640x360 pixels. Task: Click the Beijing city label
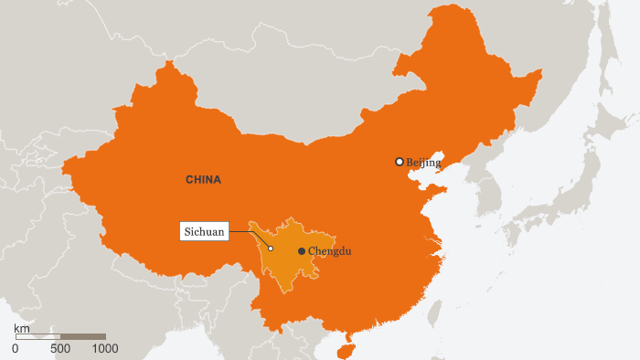click(x=423, y=163)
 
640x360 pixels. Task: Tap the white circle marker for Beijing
click(x=400, y=162)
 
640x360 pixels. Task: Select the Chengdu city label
click(x=330, y=251)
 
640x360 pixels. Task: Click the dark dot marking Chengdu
click(x=302, y=251)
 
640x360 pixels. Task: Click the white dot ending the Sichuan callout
click(x=271, y=249)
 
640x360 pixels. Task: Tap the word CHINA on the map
click(x=203, y=180)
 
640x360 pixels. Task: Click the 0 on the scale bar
click(x=16, y=348)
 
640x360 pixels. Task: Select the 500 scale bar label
click(x=60, y=348)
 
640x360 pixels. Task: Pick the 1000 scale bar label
click(x=105, y=348)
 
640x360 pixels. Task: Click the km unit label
click(x=21, y=327)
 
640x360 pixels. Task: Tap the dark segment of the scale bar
click(x=83, y=337)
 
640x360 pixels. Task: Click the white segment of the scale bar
click(x=38, y=337)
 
